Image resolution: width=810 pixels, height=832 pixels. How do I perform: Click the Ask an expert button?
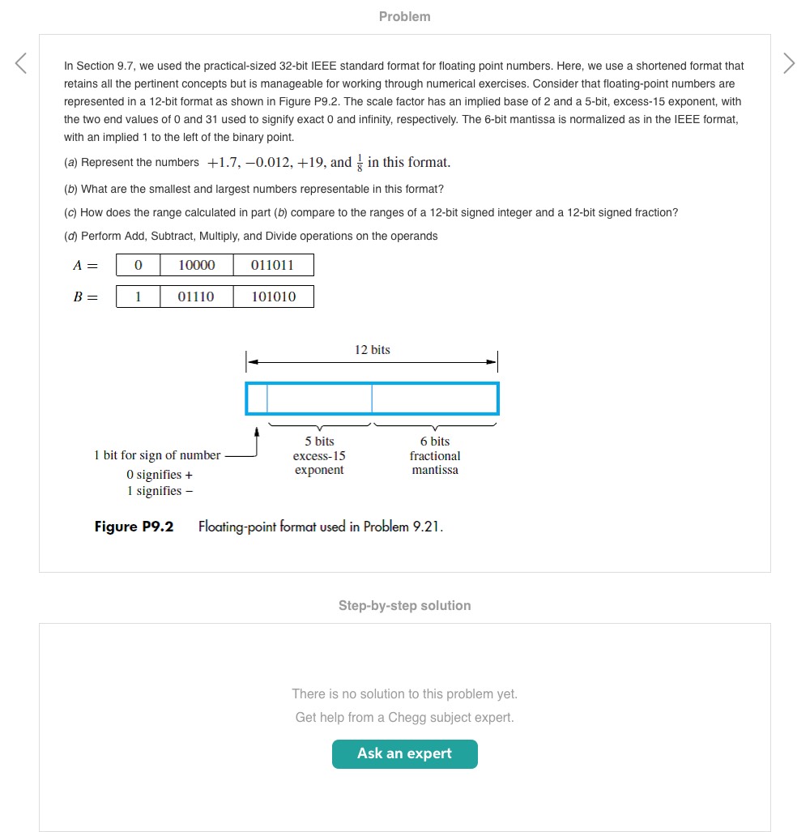[x=404, y=753]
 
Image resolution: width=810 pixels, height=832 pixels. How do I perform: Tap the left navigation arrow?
[x=22, y=63]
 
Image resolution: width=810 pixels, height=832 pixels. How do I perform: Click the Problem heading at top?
[x=404, y=16]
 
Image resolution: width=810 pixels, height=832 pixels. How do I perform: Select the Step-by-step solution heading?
[x=404, y=605]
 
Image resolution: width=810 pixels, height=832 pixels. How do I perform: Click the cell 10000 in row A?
[x=196, y=265]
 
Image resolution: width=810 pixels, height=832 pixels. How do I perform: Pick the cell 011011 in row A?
[x=273, y=265]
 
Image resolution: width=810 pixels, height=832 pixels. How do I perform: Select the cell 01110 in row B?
[x=196, y=297]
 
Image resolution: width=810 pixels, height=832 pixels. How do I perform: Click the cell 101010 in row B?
[x=273, y=297]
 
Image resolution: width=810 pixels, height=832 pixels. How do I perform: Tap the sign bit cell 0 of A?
[x=138, y=265]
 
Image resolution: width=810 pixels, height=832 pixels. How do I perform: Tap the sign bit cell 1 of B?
[x=138, y=297]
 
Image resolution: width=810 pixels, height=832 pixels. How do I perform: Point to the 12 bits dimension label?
[x=372, y=350]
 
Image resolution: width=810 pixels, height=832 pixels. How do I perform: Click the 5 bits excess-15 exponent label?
[x=319, y=455]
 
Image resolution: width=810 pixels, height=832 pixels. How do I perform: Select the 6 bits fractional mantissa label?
[x=435, y=455]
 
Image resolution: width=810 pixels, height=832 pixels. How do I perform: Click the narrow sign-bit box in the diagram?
[x=257, y=399]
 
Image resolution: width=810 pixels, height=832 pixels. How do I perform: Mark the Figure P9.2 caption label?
[x=134, y=527]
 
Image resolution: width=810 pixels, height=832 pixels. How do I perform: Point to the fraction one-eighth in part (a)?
[x=360, y=163]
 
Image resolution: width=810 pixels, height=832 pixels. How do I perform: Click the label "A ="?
[x=85, y=265]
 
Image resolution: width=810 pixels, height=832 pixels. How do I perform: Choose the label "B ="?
[x=85, y=297]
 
